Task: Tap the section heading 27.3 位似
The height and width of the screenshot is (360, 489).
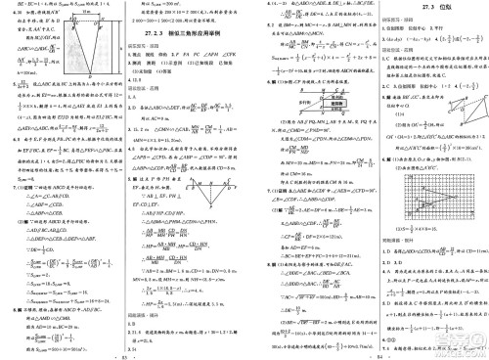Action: click(411, 9)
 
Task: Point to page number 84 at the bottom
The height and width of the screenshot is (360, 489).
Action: click(392, 353)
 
